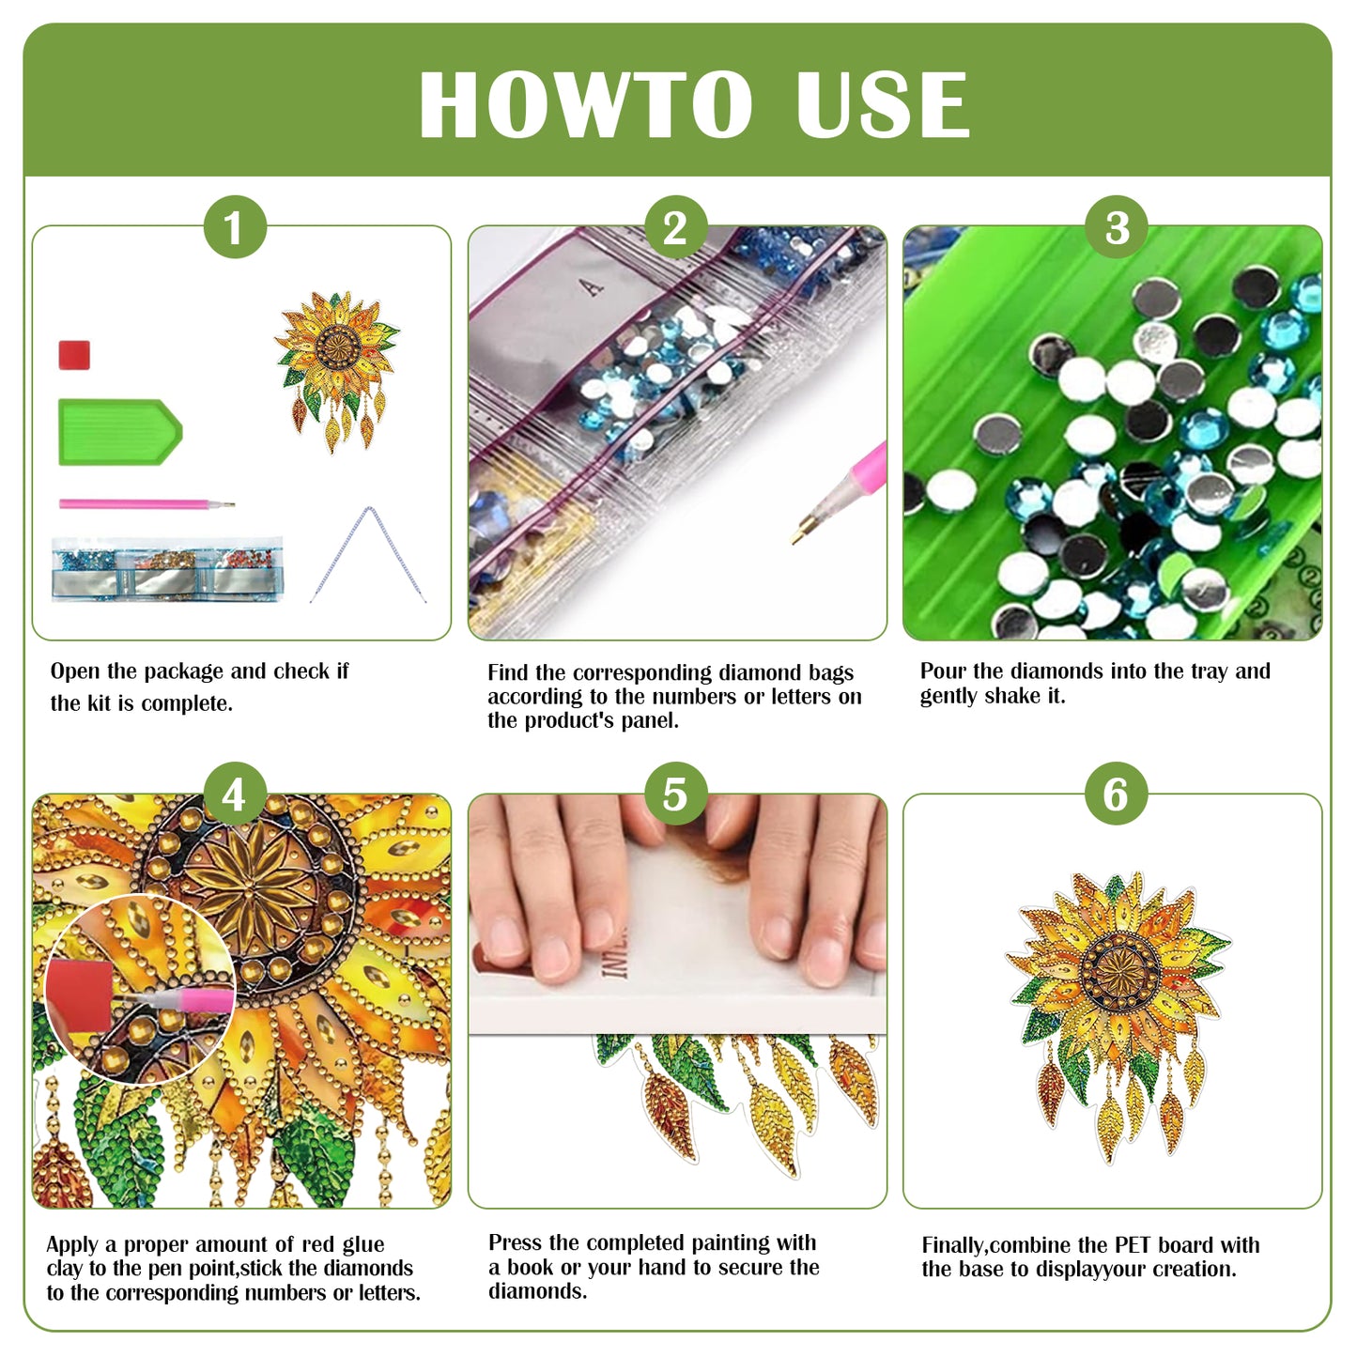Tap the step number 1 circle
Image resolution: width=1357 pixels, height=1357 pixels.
235,227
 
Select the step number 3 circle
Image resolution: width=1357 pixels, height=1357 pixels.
1116,227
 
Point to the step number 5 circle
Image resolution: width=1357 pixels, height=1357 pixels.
675,794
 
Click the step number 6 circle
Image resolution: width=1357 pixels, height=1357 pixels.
1116,794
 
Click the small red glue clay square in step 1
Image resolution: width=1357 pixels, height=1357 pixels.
74,355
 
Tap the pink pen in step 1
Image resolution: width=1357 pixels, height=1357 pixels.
141,504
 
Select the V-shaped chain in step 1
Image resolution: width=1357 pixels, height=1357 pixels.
368,554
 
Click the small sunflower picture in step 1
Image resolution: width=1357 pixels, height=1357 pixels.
336,366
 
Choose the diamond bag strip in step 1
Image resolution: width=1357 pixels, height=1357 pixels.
167,570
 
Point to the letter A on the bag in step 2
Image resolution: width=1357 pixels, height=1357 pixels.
593,286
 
